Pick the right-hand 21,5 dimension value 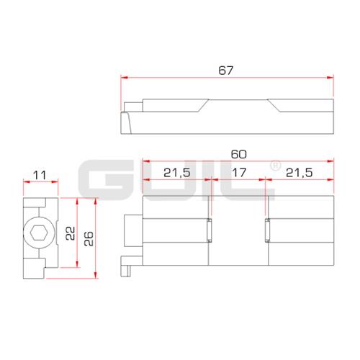(x=300, y=173)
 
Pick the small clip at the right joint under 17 (x=267, y=230)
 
